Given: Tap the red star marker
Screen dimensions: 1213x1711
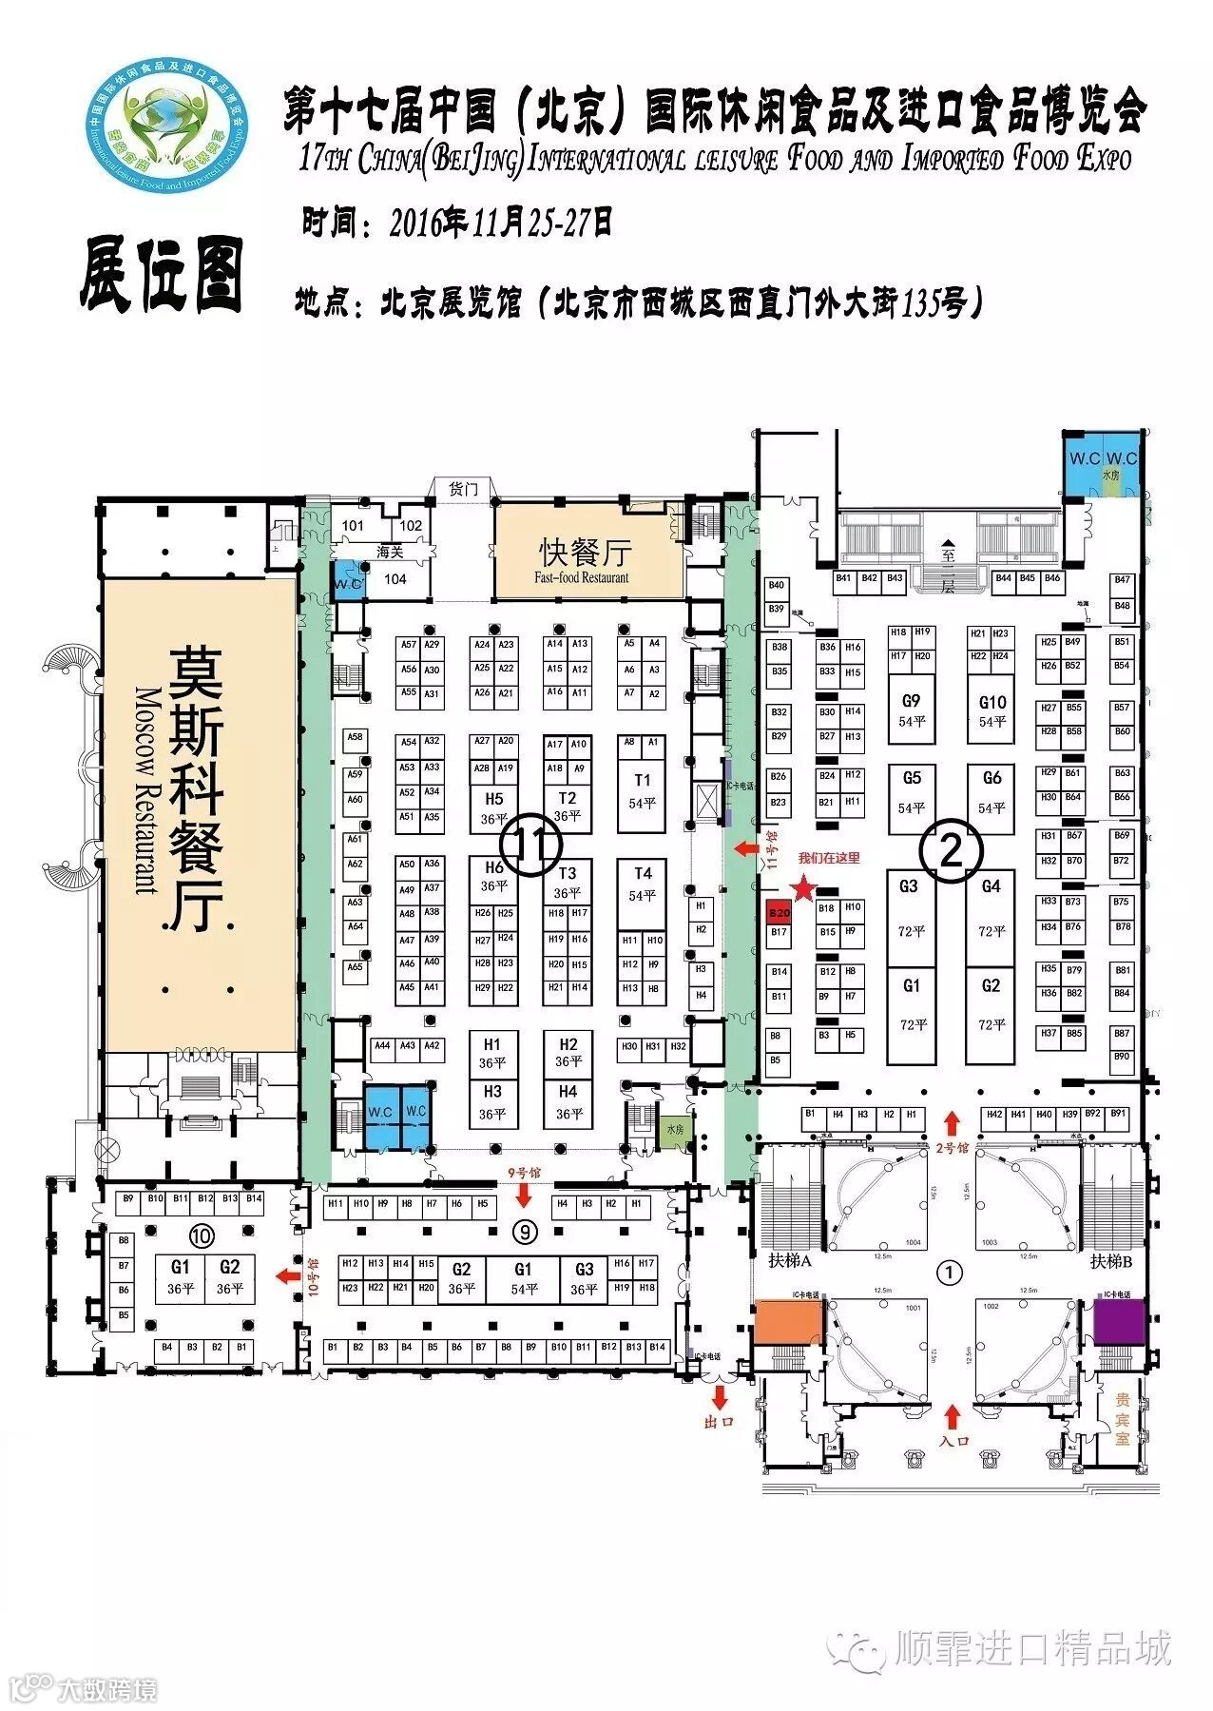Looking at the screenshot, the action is click(804, 888).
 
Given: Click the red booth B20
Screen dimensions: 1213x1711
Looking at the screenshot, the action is click(779, 913).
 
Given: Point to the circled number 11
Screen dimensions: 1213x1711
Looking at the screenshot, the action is click(531, 846).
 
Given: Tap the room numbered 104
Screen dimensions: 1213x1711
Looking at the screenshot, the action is click(395, 579).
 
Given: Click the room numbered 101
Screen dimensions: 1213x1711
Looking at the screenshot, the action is click(353, 526).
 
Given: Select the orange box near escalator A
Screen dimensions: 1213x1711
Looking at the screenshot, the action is click(787, 1322).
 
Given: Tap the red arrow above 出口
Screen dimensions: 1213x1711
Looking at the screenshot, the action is click(719, 1396).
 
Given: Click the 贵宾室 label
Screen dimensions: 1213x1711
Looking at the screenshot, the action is click(1123, 1419).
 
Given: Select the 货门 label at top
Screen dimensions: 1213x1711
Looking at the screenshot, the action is click(463, 489).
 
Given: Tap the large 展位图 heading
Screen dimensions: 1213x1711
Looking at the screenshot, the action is click(163, 275).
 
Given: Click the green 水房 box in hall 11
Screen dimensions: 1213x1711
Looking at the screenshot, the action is click(675, 1130).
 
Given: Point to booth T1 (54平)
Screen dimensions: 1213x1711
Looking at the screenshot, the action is click(643, 790).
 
